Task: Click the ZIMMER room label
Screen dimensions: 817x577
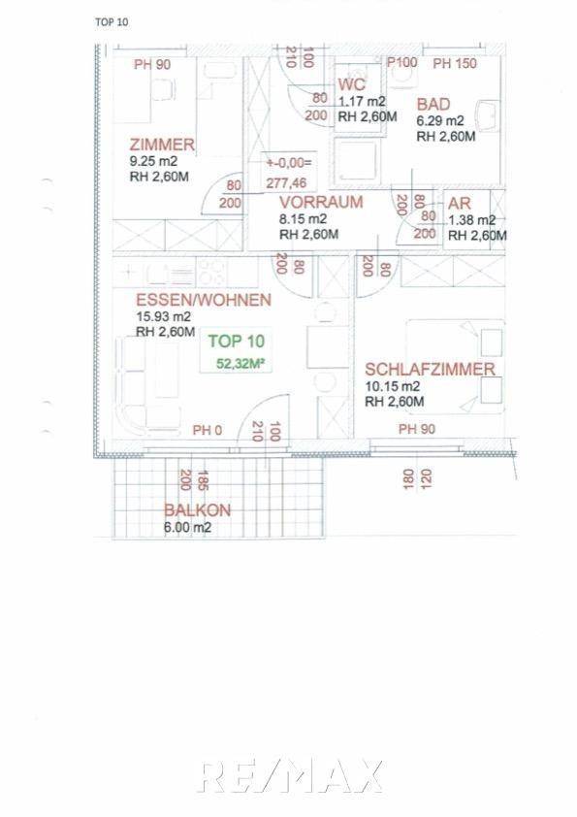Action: pyautogui.click(x=162, y=145)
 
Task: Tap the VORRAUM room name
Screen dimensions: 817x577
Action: pyautogui.click(x=320, y=203)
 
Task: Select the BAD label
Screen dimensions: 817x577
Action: pyautogui.click(x=434, y=104)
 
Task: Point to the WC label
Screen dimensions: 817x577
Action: pyautogui.click(x=351, y=83)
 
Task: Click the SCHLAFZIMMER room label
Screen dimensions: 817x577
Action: pyautogui.click(x=431, y=369)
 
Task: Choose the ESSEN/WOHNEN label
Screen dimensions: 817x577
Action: pyautogui.click(x=203, y=300)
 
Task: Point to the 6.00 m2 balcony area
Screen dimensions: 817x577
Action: pyautogui.click(x=187, y=528)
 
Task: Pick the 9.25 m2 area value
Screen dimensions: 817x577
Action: pyautogui.click(x=152, y=162)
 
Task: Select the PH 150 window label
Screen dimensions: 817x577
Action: pyautogui.click(x=455, y=64)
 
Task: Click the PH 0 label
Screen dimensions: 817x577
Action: pyautogui.click(x=208, y=430)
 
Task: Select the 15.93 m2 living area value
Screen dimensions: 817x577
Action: pyautogui.click(x=162, y=316)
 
